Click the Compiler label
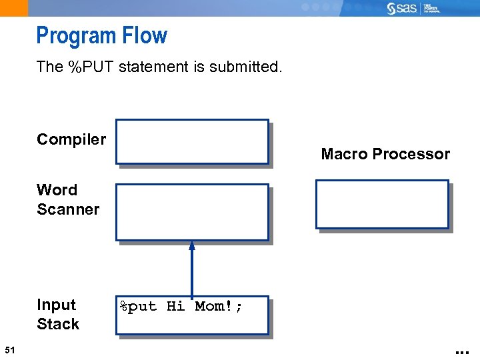[x=71, y=139]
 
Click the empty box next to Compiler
[x=191, y=141]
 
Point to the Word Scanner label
[x=67, y=199]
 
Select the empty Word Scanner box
[x=191, y=212]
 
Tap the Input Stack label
[x=58, y=314]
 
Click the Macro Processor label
[x=385, y=154]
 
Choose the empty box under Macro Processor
[x=382, y=204]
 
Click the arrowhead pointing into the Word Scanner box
[x=192, y=245]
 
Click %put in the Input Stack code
[x=138, y=307]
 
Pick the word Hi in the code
[x=175, y=307]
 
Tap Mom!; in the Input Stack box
[x=219, y=307]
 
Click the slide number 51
[x=9, y=350]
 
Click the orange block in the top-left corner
[x=14, y=8]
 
